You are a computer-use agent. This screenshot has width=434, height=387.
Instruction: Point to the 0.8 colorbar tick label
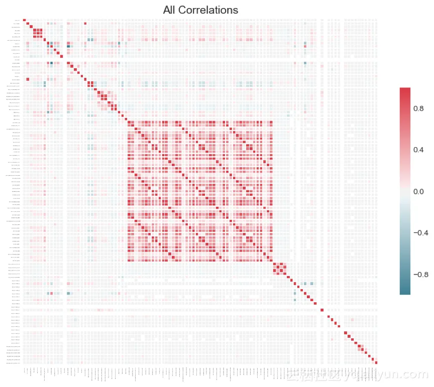click(417, 108)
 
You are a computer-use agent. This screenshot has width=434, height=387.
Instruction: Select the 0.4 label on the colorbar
click(417, 150)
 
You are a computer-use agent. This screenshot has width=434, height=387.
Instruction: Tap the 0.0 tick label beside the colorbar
click(417, 192)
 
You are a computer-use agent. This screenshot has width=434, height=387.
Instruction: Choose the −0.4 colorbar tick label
click(416, 233)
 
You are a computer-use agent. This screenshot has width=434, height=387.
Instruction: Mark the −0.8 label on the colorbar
click(416, 275)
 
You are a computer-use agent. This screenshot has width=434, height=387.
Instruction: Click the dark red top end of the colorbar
click(405, 90)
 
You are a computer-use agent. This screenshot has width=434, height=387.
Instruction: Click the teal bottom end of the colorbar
click(405, 291)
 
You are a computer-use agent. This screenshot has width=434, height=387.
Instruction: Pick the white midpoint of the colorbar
click(405, 191)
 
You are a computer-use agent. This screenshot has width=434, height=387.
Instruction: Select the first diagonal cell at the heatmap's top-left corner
click(24, 20)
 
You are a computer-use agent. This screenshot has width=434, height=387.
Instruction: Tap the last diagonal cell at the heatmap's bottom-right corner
click(376, 362)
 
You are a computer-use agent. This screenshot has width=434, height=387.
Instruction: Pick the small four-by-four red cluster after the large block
click(280, 268)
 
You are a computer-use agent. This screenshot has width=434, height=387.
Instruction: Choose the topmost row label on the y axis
click(17, 20)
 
